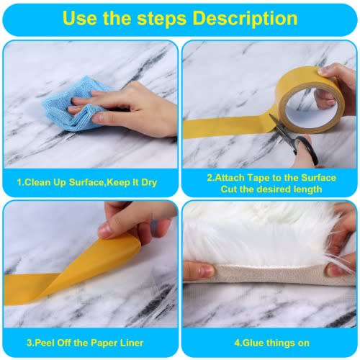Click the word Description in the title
(245, 19)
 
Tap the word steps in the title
(161, 19)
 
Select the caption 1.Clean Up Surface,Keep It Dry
(87, 182)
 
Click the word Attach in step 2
(229, 178)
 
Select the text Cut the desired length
(271, 189)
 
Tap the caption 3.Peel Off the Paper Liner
(85, 343)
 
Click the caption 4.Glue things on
(272, 343)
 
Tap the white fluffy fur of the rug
(259, 235)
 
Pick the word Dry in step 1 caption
(149, 183)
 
